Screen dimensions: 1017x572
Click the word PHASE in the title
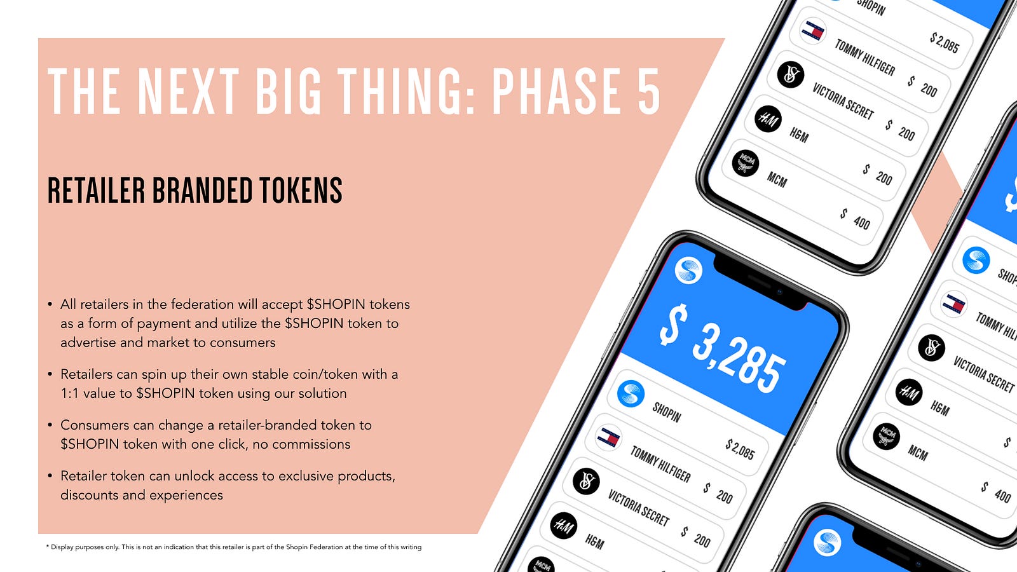tap(557, 91)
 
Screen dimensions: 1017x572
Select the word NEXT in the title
tap(188, 91)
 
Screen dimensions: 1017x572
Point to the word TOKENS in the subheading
tap(301, 190)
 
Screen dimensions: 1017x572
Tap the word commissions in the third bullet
tap(311, 444)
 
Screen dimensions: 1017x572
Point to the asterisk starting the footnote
tap(48, 547)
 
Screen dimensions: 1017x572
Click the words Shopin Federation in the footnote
tap(314, 547)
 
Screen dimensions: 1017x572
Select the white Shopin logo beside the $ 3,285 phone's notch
tap(688, 271)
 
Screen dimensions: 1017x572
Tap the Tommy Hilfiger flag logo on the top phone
tap(813, 31)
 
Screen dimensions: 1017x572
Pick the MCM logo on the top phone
tap(746, 163)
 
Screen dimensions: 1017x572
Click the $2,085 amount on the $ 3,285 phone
tap(740, 449)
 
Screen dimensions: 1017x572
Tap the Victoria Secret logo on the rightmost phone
tap(931, 347)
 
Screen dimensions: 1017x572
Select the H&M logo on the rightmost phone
tap(909, 392)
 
